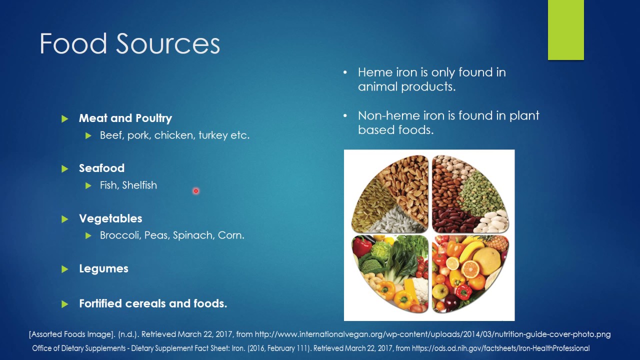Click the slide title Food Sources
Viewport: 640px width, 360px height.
[129, 44]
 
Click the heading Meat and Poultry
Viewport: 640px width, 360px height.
[125, 118]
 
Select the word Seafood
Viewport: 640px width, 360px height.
[101, 168]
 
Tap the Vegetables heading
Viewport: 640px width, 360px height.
[110, 218]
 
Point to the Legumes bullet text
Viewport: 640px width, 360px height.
[103, 269]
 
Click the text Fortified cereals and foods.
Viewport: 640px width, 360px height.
[152, 303]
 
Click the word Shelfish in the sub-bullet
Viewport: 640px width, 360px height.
[139, 185]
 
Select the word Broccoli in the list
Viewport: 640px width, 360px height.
[120, 235]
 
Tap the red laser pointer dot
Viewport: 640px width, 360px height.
[196, 190]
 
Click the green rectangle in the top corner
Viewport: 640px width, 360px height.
[565, 30]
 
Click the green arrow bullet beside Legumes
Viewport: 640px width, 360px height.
[64, 269]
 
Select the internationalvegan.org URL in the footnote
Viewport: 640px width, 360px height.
[432, 334]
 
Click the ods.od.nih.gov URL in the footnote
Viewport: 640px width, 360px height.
[500, 348]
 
